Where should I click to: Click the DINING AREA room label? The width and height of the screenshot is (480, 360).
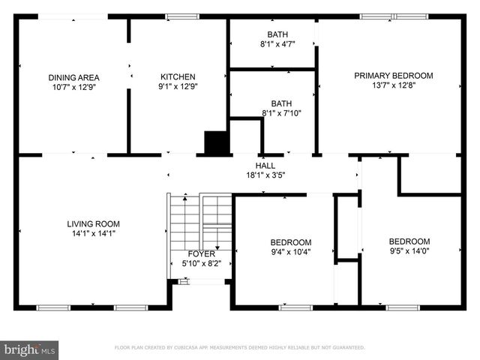[73, 77]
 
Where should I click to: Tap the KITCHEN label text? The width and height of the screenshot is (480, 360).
[178, 76]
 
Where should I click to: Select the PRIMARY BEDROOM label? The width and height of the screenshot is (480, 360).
[394, 75]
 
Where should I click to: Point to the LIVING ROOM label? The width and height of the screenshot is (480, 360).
[93, 223]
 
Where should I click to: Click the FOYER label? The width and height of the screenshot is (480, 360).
[202, 253]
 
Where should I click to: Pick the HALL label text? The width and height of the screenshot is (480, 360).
[265, 166]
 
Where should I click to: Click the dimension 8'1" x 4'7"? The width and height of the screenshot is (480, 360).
[277, 44]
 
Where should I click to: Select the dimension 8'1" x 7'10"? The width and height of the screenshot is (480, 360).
[281, 113]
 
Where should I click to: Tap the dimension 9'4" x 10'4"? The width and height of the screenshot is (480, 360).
[291, 252]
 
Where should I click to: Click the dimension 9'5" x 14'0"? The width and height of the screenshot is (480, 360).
[409, 251]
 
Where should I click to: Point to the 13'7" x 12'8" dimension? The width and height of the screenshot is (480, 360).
[394, 85]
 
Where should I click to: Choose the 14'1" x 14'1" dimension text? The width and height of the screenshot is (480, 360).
[93, 233]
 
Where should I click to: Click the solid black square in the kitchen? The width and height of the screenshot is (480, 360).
[217, 143]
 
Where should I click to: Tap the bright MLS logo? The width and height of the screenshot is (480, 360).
[29, 349]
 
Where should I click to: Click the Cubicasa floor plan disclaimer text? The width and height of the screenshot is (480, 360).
[240, 347]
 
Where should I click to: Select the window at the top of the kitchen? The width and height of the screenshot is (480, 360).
[182, 16]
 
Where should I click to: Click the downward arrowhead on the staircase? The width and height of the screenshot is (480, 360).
[217, 248]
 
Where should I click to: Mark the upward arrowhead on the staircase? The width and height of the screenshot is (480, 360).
[185, 198]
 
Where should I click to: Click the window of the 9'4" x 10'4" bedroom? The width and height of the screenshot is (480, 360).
[295, 307]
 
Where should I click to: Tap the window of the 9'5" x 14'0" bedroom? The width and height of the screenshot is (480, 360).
[403, 307]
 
